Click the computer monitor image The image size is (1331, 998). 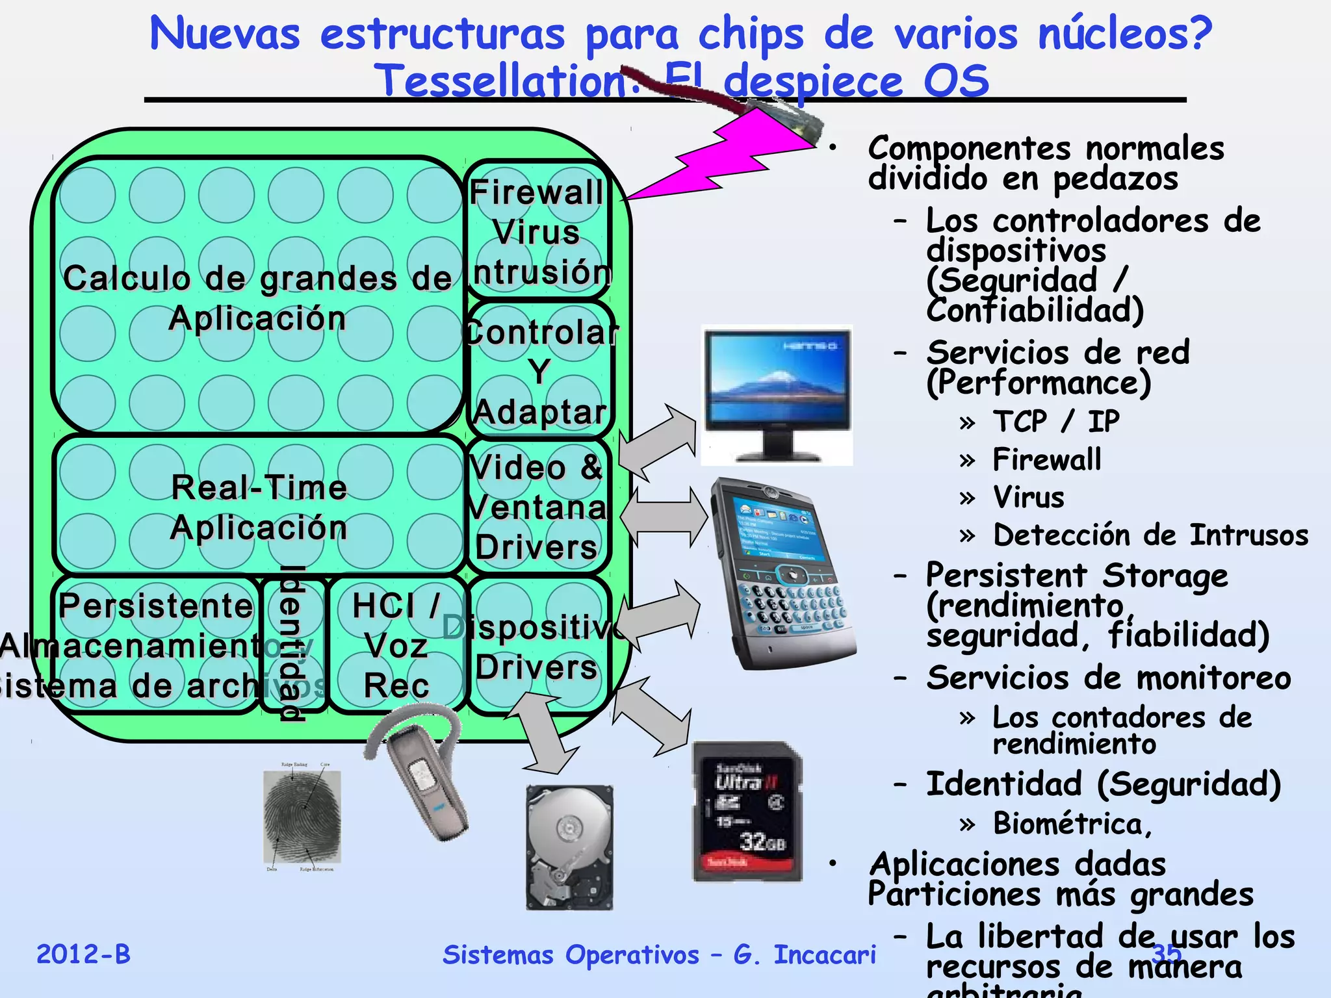coord(777,394)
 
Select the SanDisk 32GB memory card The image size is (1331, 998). coord(747,812)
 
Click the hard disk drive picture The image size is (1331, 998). coord(569,847)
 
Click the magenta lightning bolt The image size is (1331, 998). coord(721,162)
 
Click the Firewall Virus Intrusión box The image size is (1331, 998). coord(538,231)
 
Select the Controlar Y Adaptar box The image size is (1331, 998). coord(539,370)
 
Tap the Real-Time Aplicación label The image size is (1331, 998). coord(259,507)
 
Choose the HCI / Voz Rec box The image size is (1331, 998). coord(396,645)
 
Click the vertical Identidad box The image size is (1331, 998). coord(292,643)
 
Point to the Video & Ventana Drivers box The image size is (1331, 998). coord(538,507)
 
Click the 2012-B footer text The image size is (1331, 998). coord(83,954)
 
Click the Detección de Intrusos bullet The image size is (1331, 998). coord(1150,535)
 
